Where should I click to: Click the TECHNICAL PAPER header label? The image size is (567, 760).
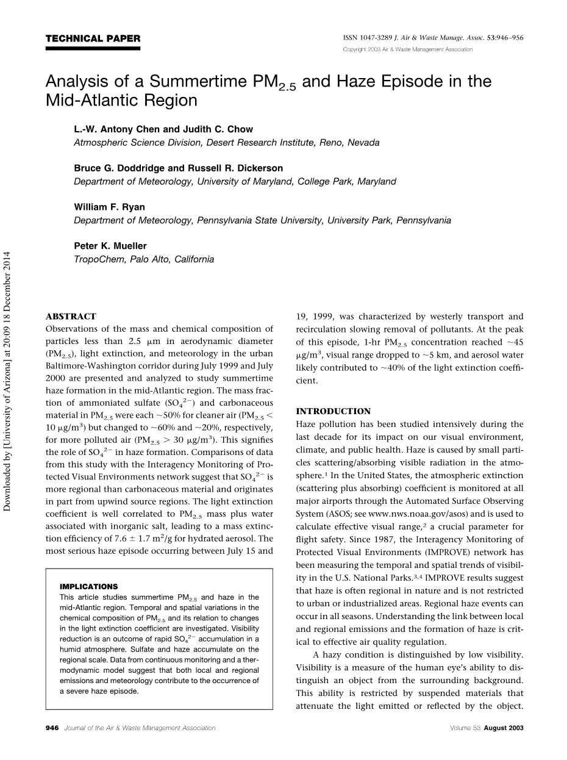(x=93, y=39)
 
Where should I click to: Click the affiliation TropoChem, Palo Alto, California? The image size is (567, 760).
(x=144, y=259)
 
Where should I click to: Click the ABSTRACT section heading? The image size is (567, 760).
(x=71, y=317)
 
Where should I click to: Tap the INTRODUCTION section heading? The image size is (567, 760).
(x=333, y=411)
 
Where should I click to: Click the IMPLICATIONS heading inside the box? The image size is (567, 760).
(x=88, y=587)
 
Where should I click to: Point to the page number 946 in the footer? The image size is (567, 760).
(x=52, y=728)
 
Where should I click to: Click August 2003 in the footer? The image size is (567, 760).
(x=504, y=728)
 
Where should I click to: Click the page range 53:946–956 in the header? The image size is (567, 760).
(x=504, y=38)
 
